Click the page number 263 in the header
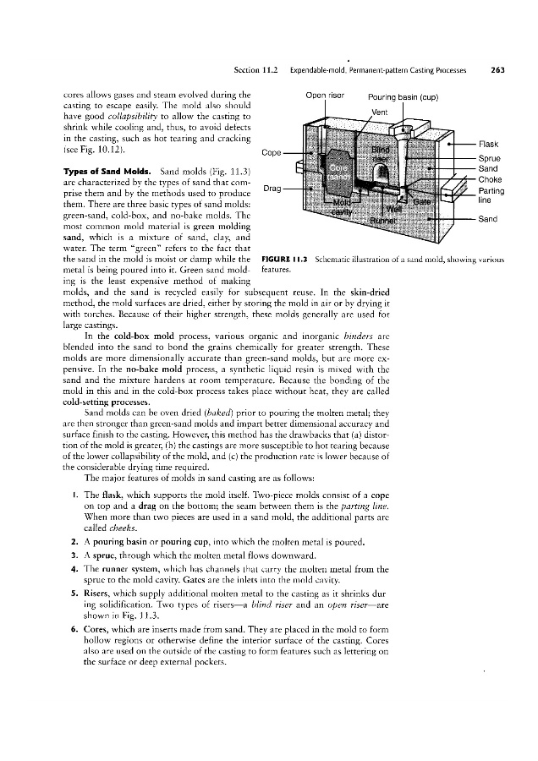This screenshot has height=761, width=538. pos(497,70)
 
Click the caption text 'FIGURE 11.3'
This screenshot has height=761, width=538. pos(286,256)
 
